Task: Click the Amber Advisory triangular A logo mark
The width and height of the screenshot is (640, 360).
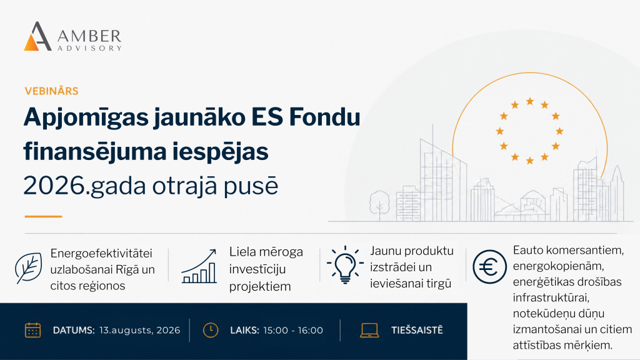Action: pyautogui.click(x=37, y=36)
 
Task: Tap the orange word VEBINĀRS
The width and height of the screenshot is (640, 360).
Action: pyautogui.click(x=51, y=91)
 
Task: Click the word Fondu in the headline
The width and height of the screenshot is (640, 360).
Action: pyautogui.click(x=324, y=117)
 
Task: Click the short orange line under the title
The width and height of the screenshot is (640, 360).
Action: pyautogui.click(x=43, y=216)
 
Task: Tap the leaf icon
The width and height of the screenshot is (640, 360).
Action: pyautogui.click(x=28, y=268)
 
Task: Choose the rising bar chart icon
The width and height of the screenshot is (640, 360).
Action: pyautogui.click(x=199, y=266)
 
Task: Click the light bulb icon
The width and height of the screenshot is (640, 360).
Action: pyautogui.click(x=345, y=264)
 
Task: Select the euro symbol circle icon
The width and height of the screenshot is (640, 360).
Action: pyautogui.click(x=489, y=267)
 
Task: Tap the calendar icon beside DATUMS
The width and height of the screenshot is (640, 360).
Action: pyautogui.click(x=32, y=330)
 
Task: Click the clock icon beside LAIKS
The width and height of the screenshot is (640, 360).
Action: pyautogui.click(x=211, y=330)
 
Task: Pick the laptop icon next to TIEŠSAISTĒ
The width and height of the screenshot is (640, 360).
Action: pyautogui.click(x=369, y=330)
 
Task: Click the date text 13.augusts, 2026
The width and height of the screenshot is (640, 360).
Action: pyautogui.click(x=139, y=330)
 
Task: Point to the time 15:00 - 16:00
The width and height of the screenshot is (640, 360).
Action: pyautogui.click(x=293, y=330)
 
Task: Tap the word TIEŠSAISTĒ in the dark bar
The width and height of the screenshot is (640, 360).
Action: pyautogui.click(x=417, y=330)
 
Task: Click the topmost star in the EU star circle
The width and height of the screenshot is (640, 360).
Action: pyautogui.click(x=530, y=101)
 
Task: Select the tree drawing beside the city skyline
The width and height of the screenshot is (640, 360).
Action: pyautogui.click(x=379, y=205)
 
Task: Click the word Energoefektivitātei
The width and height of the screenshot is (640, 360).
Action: pyautogui.click(x=101, y=254)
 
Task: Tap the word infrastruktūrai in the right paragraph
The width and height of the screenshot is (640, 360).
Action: pyautogui.click(x=551, y=297)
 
